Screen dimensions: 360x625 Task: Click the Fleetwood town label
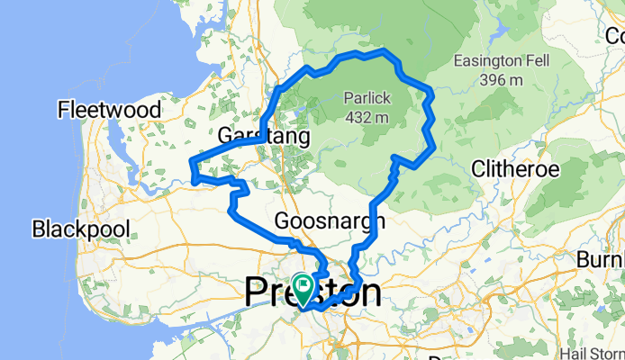109,111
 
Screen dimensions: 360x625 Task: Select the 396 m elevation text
502,80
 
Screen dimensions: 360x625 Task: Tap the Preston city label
312,293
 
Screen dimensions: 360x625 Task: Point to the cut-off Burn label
612,259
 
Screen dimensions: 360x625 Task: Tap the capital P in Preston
258,293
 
